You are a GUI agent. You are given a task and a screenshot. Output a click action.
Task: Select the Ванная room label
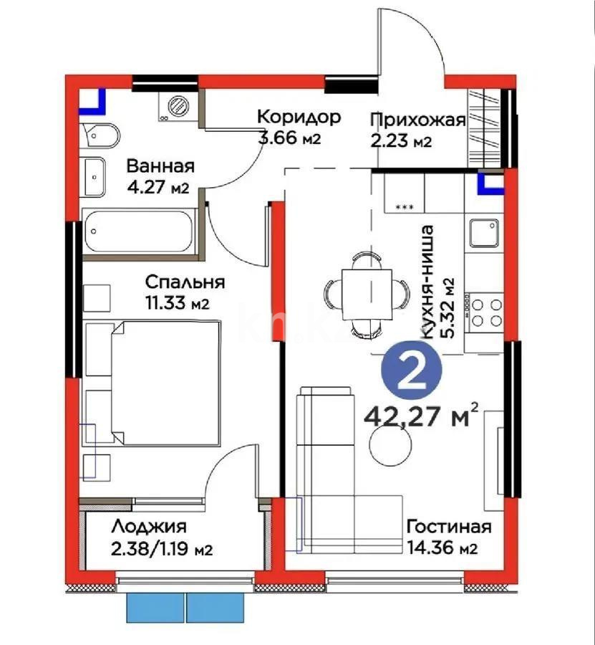(x=160, y=166)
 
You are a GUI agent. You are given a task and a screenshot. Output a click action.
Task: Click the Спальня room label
(x=185, y=282)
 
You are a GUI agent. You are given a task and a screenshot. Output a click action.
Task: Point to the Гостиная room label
(x=449, y=527)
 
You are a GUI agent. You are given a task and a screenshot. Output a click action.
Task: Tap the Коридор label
(x=299, y=117)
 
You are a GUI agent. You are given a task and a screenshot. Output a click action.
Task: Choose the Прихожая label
(x=418, y=120)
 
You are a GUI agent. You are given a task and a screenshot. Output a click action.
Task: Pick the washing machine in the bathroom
(x=175, y=107)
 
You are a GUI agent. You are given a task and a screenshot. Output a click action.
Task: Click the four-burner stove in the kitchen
(x=485, y=312)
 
